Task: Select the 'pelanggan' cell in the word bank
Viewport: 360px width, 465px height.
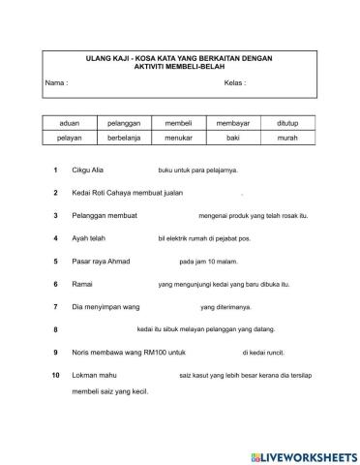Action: click(124, 126)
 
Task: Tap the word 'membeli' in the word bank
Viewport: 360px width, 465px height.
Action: click(180, 126)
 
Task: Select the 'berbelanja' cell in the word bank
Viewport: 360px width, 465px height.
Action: click(124, 139)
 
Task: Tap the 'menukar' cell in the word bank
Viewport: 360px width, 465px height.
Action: click(180, 139)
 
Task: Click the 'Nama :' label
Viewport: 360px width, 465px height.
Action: click(56, 83)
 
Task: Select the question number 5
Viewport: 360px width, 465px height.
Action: click(56, 262)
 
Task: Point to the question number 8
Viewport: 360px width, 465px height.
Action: click(56, 330)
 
